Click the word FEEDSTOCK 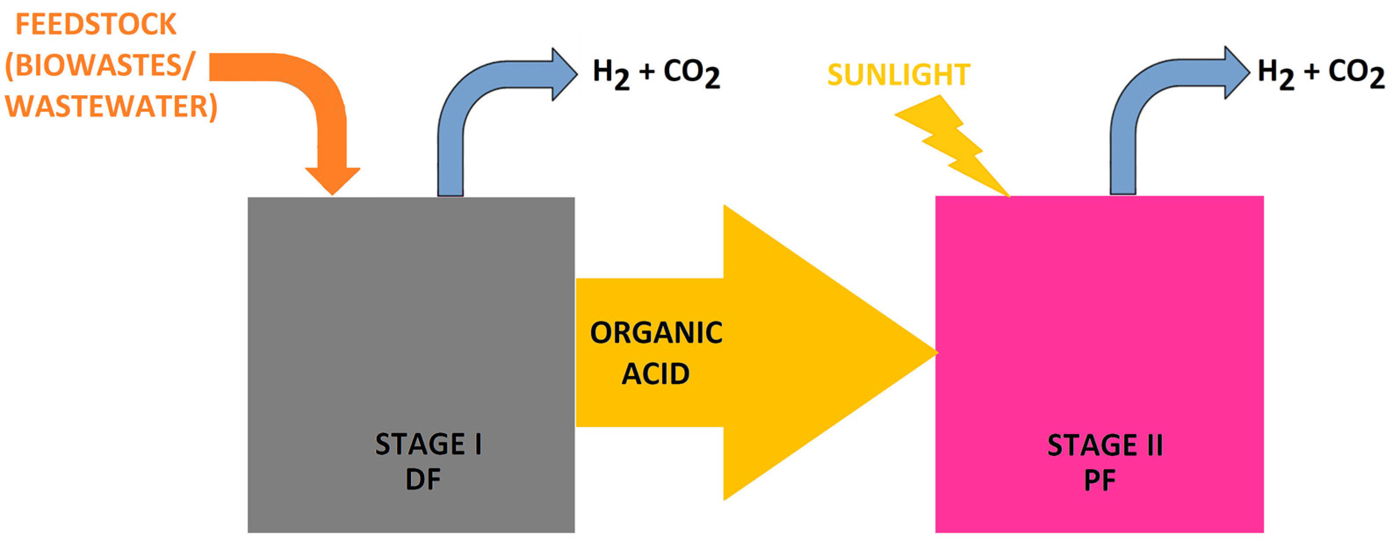(x=96, y=25)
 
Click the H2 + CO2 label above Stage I (x=656, y=73)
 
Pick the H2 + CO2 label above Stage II (x=1321, y=73)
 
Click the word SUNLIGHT (x=898, y=75)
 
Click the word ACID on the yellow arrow (x=656, y=373)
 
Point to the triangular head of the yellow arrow (x=815, y=353)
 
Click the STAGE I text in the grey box (x=429, y=444)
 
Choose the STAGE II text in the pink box (x=1105, y=445)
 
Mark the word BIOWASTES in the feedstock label (x=103, y=65)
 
